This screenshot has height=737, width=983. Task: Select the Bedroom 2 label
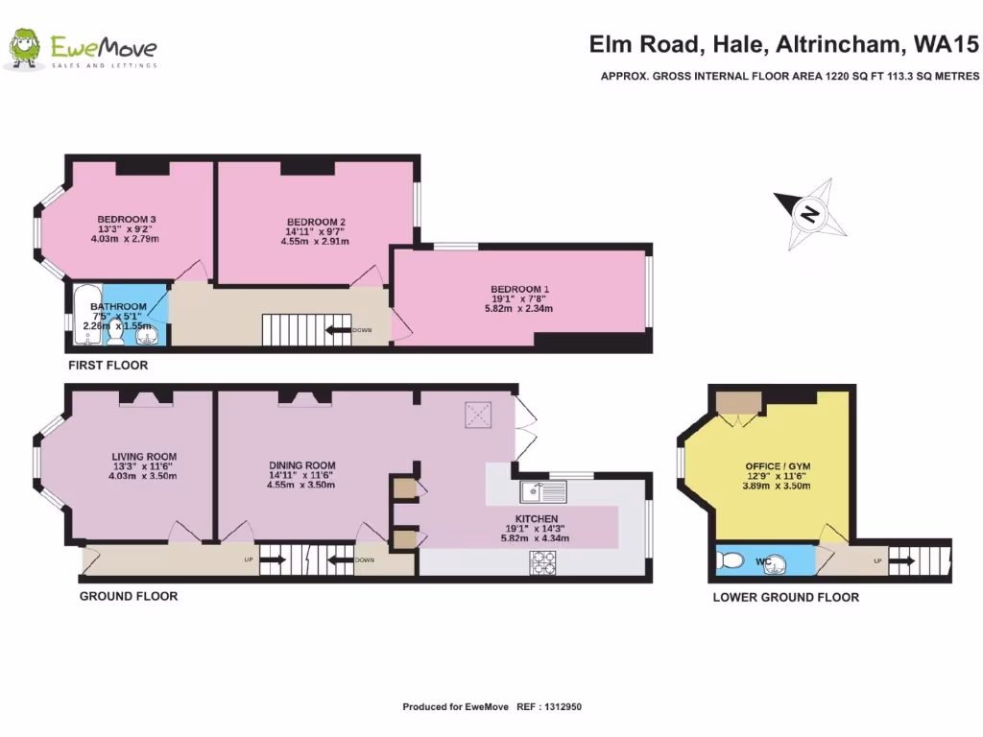[x=316, y=222]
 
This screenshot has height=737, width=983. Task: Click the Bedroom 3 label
[x=127, y=219]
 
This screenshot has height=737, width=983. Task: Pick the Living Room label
[x=144, y=456]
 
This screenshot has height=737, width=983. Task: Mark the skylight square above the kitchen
[x=477, y=415]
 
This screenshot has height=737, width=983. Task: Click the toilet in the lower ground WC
[x=731, y=559]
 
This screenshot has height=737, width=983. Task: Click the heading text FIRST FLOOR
[x=108, y=366]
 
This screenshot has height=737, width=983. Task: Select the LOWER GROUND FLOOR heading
[x=785, y=597]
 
